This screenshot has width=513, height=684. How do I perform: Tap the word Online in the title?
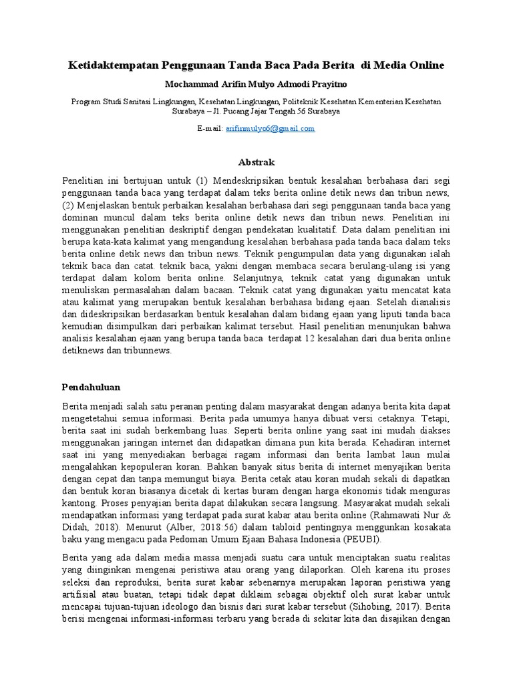[423, 65]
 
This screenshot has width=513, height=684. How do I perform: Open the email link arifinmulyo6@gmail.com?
[270, 128]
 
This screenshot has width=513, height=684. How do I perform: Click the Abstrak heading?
[256, 162]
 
